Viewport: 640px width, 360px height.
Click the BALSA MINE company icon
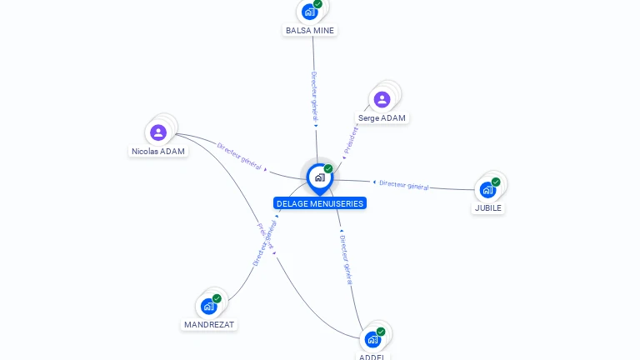click(310, 12)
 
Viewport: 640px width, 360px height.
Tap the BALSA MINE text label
click(310, 30)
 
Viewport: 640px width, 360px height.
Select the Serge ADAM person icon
click(382, 100)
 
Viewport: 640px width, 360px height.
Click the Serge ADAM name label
click(382, 118)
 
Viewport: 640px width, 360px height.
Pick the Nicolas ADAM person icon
click(158, 132)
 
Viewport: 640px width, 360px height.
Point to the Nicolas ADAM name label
click(158, 152)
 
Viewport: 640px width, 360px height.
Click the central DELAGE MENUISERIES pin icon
click(319, 177)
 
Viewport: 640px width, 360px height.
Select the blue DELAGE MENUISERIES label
click(320, 203)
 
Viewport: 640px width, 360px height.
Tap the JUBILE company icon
click(487, 190)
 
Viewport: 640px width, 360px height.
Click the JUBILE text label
click(487, 208)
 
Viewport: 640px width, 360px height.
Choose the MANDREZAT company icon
click(208, 306)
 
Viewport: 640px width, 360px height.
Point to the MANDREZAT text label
click(209, 325)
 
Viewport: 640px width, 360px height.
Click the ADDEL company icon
click(372, 339)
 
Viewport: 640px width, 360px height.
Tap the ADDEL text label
click(372, 357)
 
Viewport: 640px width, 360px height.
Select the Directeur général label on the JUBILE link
click(404, 185)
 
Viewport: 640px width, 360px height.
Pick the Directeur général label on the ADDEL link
click(347, 259)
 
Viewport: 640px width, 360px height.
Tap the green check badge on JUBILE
click(496, 182)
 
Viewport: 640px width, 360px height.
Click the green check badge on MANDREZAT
click(217, 298)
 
